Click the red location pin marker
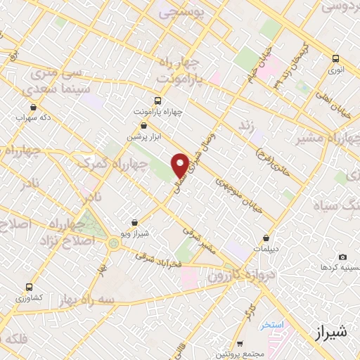click(x=181, y=165)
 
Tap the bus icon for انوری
click(x=335, y=59)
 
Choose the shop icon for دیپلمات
click(x=266, y=238)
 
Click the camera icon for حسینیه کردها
click(x=342, y=257)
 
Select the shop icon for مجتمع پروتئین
click(x=240, y=344)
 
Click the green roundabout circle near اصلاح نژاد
click(x=113, y=244)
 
